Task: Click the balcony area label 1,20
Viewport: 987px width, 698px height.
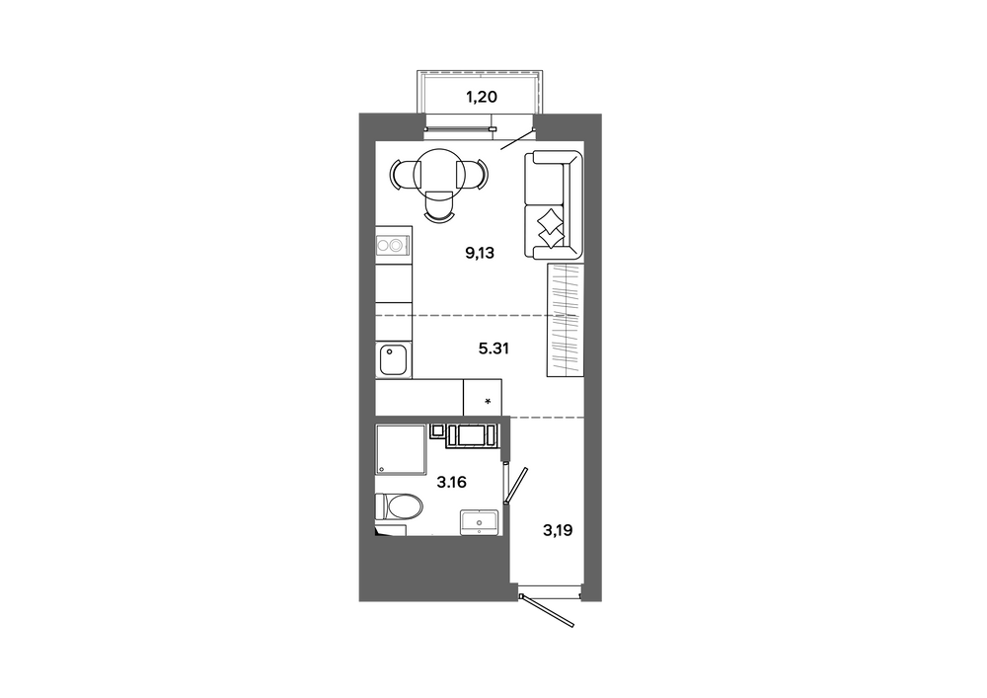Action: coord(481,97)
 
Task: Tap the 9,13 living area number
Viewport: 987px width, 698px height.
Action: coord(480,254)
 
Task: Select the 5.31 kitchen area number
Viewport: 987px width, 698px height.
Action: coord(493,349)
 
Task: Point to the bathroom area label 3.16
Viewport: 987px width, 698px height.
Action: coord(451,483)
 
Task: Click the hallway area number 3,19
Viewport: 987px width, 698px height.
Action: coord(558,530)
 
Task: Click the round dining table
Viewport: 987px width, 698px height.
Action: coord(440,173)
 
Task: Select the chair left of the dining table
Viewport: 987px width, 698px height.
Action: coord(404,174)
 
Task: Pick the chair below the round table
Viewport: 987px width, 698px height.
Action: coord(439,205)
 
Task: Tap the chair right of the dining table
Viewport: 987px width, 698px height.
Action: coord(474,174)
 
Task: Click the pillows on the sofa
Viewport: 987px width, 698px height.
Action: coord(550,228)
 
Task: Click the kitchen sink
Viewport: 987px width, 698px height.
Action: coord(394,359)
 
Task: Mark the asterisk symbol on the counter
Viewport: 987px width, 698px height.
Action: coord(488,401)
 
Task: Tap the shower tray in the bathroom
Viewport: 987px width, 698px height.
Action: coord(401,449)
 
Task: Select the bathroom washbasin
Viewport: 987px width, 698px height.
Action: coord(479,522)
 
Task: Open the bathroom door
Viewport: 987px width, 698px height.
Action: coord(517,486)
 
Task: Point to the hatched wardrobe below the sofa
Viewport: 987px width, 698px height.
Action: coord(565,320)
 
